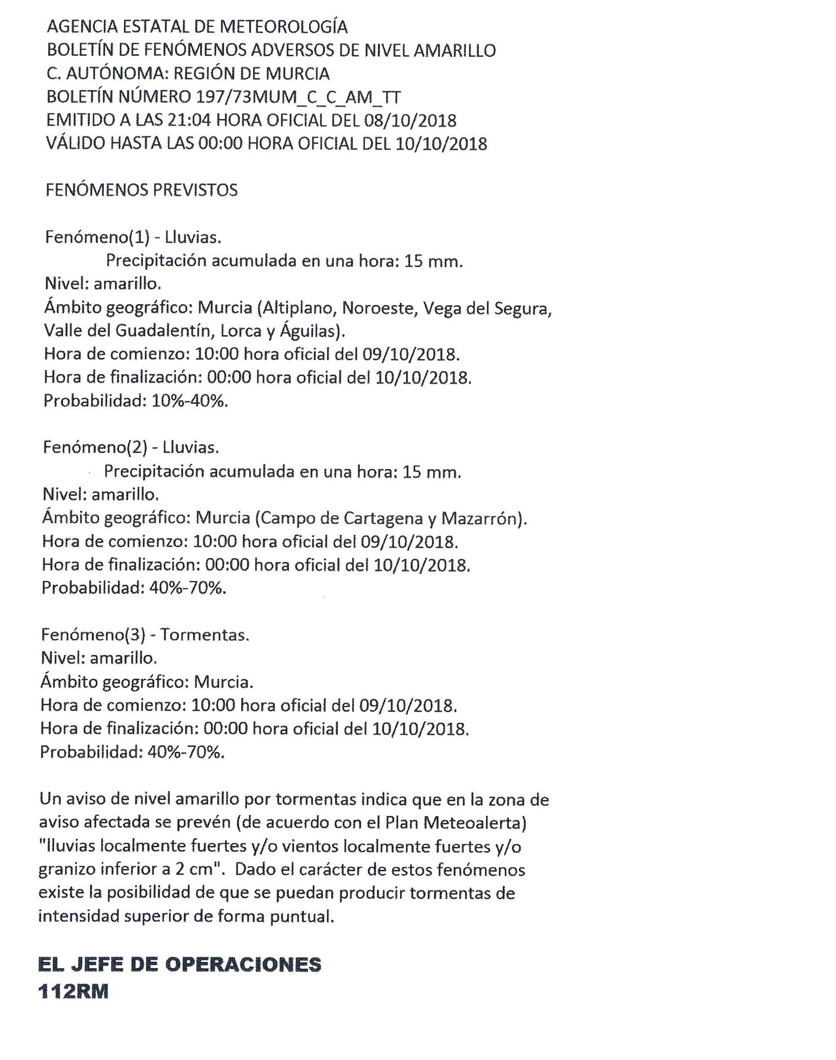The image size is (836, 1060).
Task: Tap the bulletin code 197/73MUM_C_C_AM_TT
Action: (298, 97)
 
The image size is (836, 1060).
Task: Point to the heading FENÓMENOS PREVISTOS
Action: (142, 190)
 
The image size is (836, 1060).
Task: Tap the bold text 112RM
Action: (74, 992)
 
